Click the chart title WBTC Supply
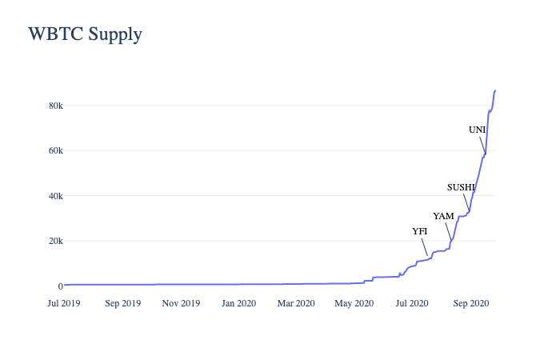pos(85,34)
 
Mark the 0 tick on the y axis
pos(58,286)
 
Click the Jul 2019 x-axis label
pos(64,303)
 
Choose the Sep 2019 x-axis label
pos(122,303)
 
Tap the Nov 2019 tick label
pos(181,303)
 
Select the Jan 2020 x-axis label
pos(238,303)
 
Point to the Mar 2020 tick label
pos(295,303)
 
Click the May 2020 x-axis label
pos(354,303)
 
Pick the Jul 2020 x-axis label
pos(411,303)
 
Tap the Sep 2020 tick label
pos(470,303)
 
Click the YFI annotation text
pos(420,231)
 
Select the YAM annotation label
pos(443,216)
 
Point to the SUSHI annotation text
pos(462,187)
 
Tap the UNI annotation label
pos(478,130)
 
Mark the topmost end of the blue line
pos(495,90)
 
